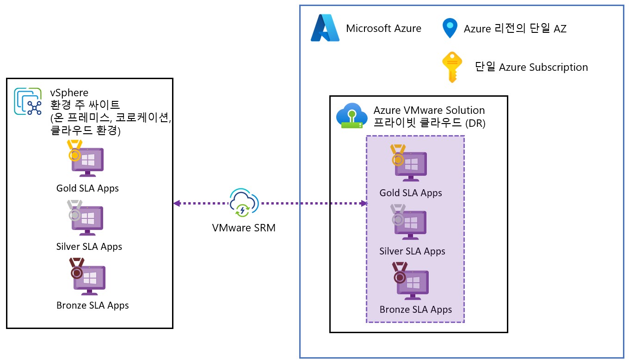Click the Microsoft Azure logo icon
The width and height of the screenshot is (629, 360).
point(325,28)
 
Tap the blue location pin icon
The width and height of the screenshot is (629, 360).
point(450,28)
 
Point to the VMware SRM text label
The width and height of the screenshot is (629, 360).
point(244,228)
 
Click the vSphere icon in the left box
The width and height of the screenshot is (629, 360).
point(28,101)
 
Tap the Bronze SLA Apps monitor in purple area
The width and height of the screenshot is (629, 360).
point(412,283)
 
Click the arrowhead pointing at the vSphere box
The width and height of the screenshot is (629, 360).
point(177,203)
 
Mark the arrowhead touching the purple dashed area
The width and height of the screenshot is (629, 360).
point(364,203)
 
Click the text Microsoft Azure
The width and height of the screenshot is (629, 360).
point(383,29)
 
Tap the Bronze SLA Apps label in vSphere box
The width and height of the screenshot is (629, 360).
point(92,305)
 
